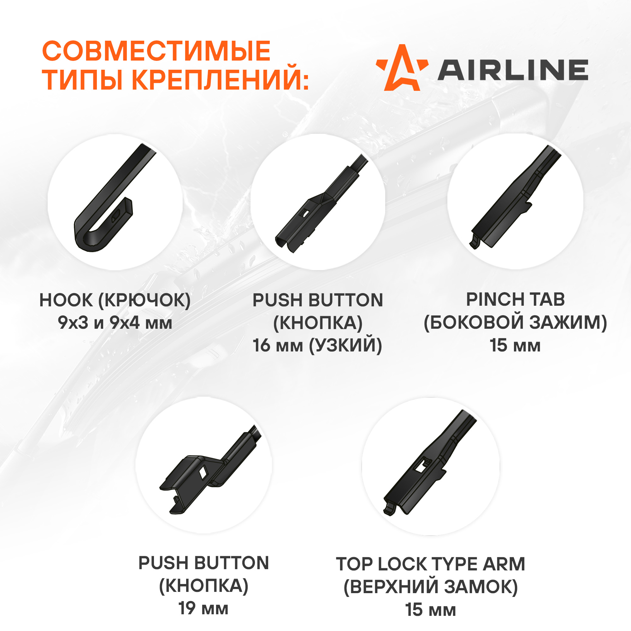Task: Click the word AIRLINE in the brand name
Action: tap(513, 70)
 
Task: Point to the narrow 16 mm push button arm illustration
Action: tap(321, 204)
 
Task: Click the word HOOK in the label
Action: tap(66, 300)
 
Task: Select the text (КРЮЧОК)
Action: tap(145, 300)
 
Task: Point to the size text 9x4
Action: tap(124, 323)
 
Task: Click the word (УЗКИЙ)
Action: tap(345, 345)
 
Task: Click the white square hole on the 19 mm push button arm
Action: tap(203, 472)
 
